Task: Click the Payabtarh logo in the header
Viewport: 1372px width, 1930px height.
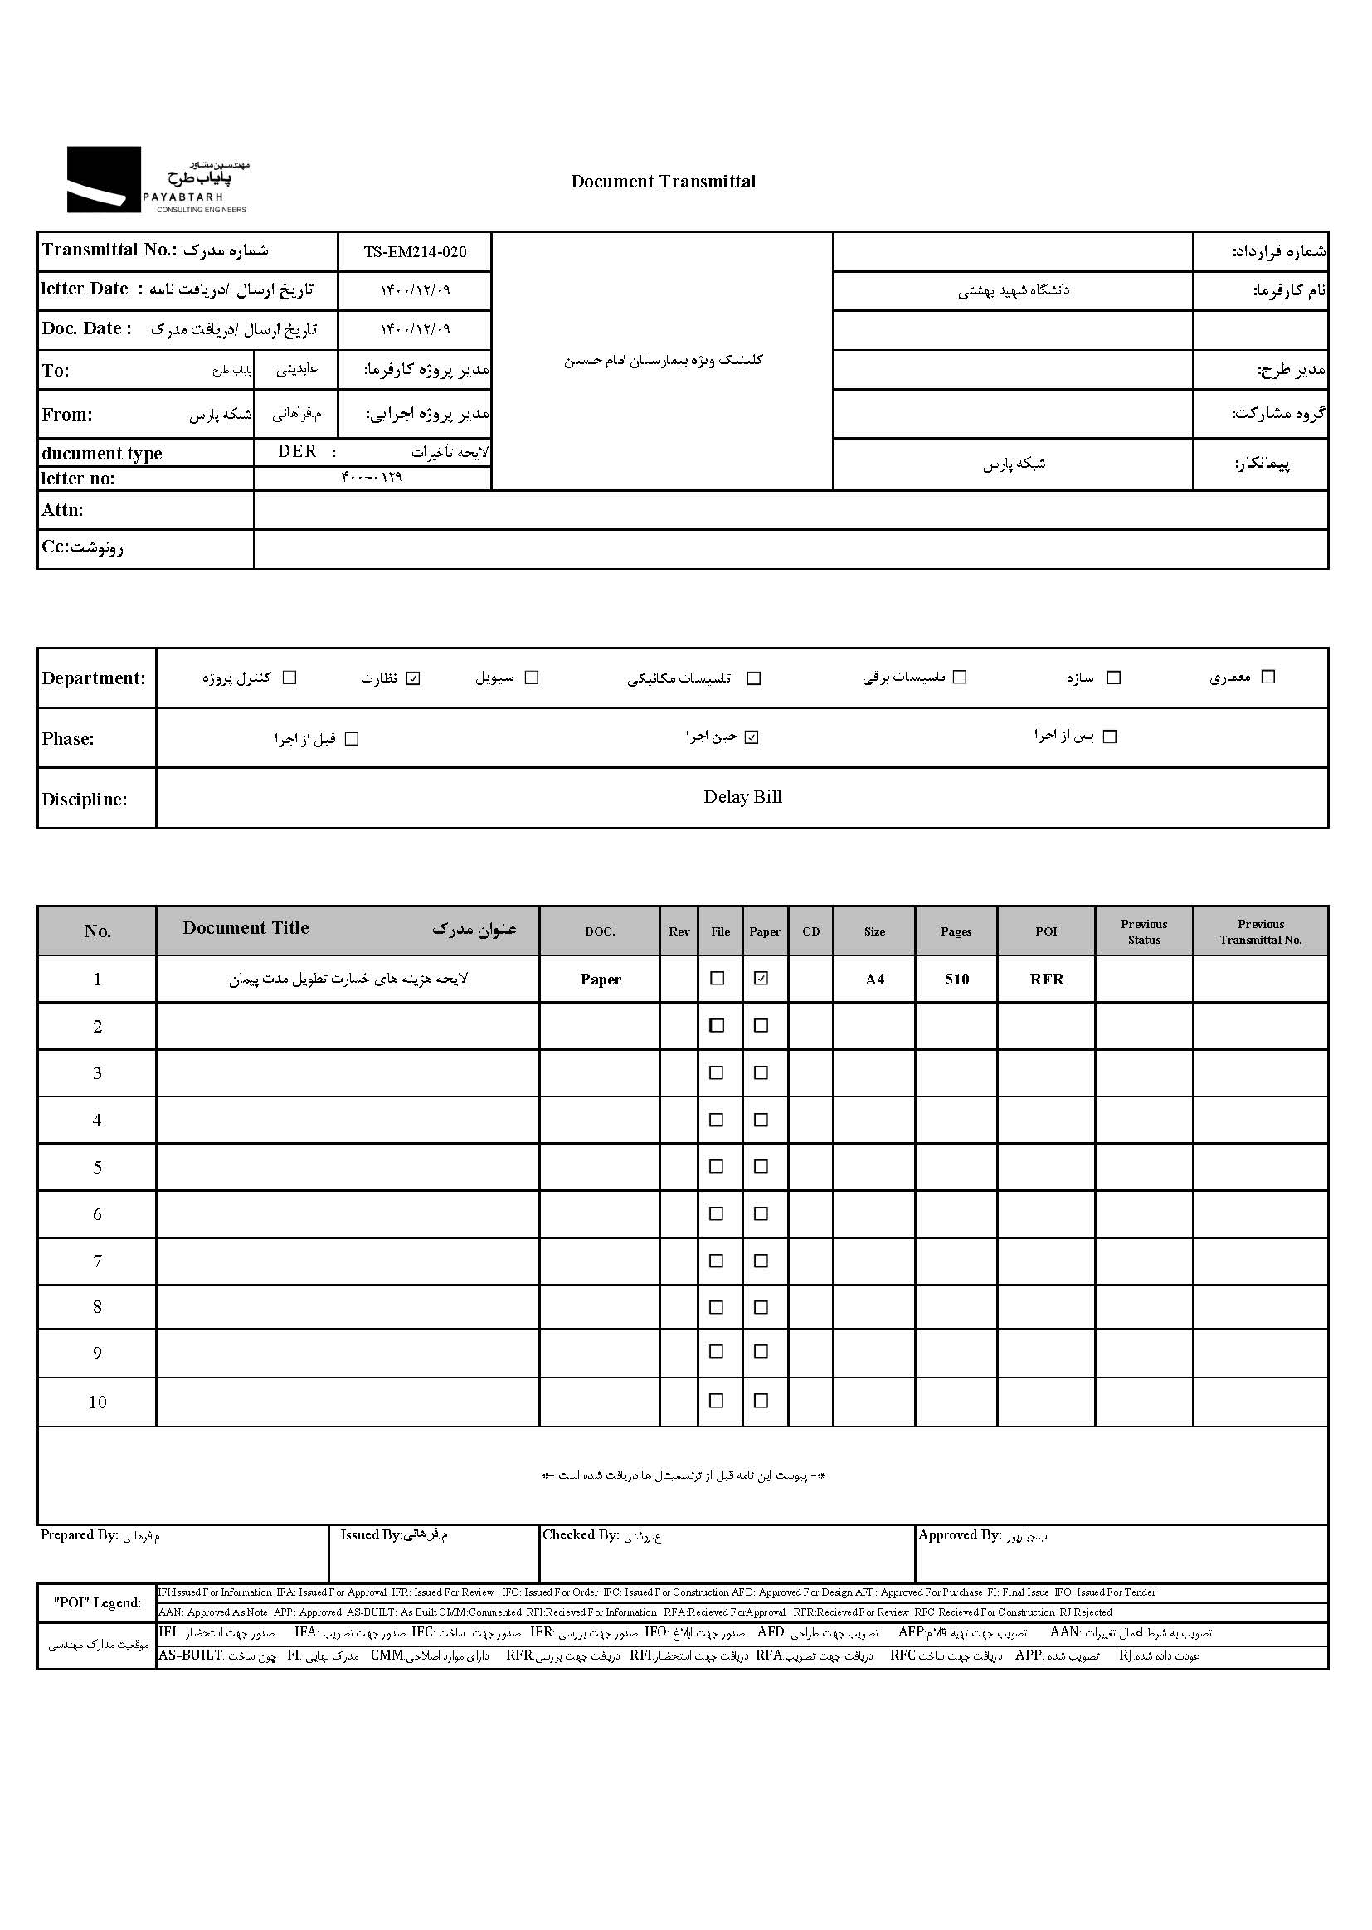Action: [158, 180]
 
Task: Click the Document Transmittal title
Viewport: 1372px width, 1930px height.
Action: [664, 182]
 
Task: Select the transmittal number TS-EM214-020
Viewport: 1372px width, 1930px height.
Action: [415, 251]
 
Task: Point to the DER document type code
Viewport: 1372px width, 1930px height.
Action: [298, 452]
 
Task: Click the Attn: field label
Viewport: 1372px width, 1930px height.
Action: [63, 510]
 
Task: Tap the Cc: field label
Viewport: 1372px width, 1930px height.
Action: [82, 547]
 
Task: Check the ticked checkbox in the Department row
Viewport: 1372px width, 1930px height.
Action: [413, 678]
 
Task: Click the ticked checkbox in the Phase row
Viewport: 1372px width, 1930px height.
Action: [752, 737]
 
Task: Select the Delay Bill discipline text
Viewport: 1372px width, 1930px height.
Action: [742, 797]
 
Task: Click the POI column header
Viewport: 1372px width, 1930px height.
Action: [1046, 931]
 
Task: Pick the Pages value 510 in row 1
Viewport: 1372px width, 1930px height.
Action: [956, 979]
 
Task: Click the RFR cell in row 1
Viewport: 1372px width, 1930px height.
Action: [1046, 979]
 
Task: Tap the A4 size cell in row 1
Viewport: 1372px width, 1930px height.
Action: [874, 979]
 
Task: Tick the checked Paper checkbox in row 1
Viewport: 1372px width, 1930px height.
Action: [761, 978]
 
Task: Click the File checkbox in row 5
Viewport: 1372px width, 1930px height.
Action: [717, 1166]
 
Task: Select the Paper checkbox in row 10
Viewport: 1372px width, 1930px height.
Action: [761, 1400]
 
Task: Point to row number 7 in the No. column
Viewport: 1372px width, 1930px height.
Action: [97, 1261]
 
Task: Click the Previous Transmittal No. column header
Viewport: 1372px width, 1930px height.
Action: [1261, 931]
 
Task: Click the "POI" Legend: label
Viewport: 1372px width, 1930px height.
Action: [97, 1602]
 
